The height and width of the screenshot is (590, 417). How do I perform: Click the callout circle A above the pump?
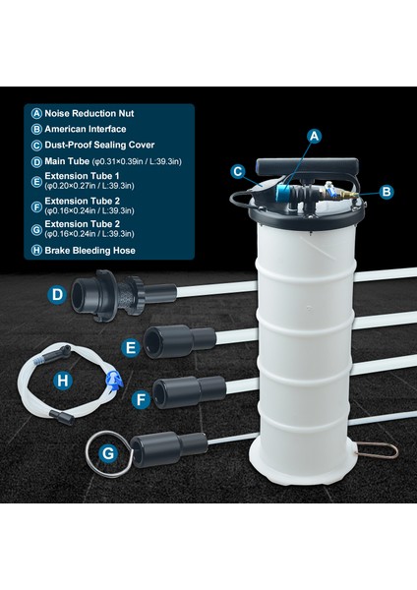[315, 137]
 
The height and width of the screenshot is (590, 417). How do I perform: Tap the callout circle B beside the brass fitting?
[387, 192]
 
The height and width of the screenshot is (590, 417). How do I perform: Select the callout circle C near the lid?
[238, 171]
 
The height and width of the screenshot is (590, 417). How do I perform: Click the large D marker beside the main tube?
[57, 294]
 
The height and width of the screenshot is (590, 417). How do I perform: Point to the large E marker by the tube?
[131, 348]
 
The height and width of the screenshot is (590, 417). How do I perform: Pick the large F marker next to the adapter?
[141, 399]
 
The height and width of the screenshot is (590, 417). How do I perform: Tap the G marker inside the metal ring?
[108, 453]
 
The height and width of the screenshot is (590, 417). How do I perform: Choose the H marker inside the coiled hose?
[63, 381]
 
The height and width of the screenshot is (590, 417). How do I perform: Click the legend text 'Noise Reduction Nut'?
[89, 113]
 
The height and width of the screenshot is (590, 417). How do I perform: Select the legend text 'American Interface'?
[86, 129]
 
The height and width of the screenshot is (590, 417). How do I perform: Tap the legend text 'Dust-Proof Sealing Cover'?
[99, 145]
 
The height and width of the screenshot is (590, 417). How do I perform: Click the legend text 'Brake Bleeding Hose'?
[89, 250]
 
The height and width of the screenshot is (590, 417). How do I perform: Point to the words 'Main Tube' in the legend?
[67, 161]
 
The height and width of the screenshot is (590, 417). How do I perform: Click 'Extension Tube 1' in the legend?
[82, 176]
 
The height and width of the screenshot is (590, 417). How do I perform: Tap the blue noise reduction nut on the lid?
[282, 192]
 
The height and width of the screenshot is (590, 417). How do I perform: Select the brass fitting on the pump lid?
[345, 195]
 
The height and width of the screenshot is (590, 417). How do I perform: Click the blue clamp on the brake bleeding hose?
[115, 380]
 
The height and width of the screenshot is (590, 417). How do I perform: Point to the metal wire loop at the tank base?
[378, 449]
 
